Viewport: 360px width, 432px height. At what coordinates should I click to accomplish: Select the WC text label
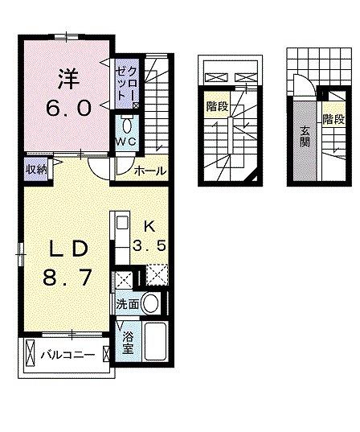tap(126, 142)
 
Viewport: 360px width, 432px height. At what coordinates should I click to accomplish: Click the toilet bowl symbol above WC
tap(126, 124)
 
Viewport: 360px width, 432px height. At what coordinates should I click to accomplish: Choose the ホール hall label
tap(149, 171)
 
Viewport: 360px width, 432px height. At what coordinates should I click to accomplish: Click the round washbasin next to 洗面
tap(149, 303)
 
